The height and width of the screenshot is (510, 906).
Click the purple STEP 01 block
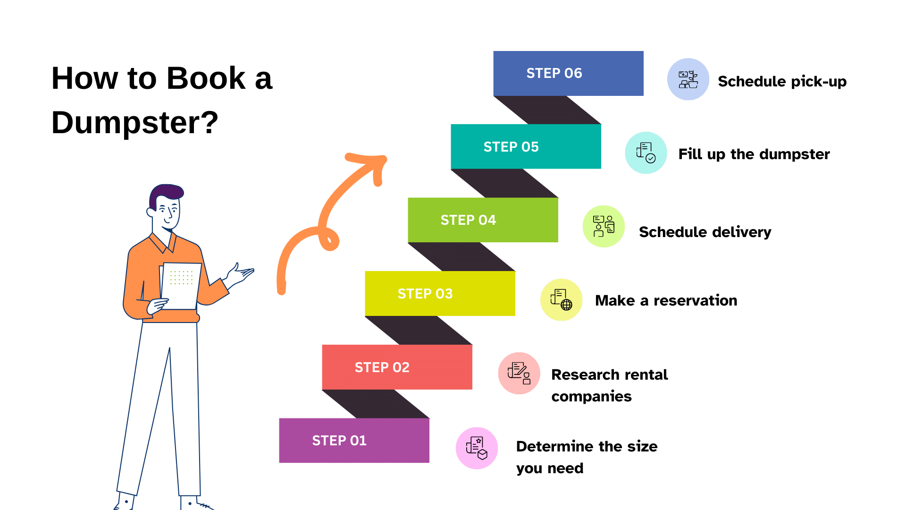[x=354, y=440]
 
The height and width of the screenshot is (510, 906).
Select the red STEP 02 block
[x=397, y=367]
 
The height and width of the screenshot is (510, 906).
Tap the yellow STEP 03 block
[x=440, y=293]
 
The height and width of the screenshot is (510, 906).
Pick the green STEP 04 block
[x=483, y=220]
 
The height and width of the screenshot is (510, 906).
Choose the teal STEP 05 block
[x=526, y=146]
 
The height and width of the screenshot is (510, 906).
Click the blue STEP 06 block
[x=568, y=73]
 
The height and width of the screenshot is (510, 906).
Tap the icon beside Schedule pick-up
[x=688, y=79]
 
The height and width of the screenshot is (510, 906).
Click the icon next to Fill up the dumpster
[x=646, y=153]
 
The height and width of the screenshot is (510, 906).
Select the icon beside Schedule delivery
[x=604, y=226]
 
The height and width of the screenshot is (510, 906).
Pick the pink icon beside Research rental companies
[x=519, y=373]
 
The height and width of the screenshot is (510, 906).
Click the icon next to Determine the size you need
[x=477, y=448]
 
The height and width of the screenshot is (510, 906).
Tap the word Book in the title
[x=206, y=78]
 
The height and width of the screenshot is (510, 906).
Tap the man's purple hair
[x=165, y=193]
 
